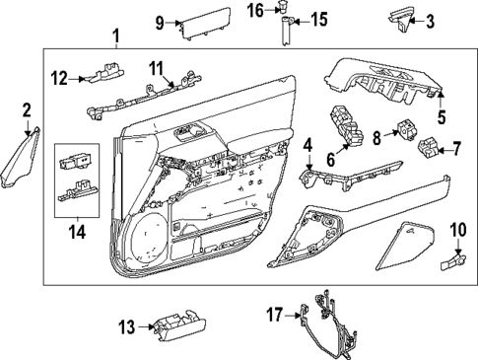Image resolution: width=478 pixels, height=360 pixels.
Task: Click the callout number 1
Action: (x=116, y=37)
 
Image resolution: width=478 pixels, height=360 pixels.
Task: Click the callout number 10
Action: (x=456, y=230)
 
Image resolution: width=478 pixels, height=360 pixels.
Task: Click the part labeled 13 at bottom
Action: (x=176, y=324)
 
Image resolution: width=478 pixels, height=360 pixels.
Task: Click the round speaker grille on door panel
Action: (x=148, y=238)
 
